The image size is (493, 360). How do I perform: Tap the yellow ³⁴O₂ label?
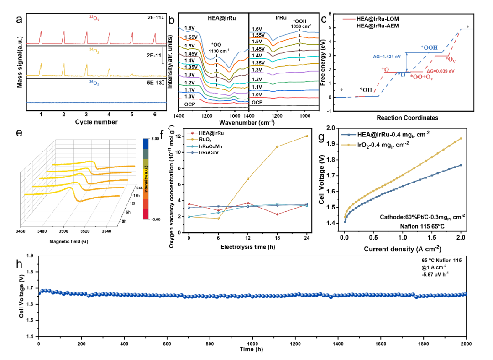pos(94,51)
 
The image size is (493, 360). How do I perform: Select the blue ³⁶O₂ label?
pos(94,84)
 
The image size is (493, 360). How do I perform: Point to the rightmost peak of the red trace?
pos(155,34)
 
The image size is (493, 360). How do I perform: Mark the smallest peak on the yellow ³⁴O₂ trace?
pos(132,74)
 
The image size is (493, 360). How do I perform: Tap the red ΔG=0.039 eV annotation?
pos(441,71)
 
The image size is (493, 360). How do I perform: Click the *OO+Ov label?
pos(422,77)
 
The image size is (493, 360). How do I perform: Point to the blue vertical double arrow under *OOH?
pos(406,62)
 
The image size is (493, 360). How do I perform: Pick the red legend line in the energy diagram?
pos(349,19)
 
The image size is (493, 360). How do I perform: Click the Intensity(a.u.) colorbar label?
pos(146,179)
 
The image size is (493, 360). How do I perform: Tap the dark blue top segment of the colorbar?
pos(146,143)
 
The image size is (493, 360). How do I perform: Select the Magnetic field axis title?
pos(68,241)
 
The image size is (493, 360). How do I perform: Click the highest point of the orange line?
pos(307,136)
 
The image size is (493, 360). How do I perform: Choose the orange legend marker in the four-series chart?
pos(192,139)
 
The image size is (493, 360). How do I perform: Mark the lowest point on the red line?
pos(277,214)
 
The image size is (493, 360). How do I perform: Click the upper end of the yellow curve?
pos(461,138)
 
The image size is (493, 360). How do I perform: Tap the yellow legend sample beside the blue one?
pos(349,145)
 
